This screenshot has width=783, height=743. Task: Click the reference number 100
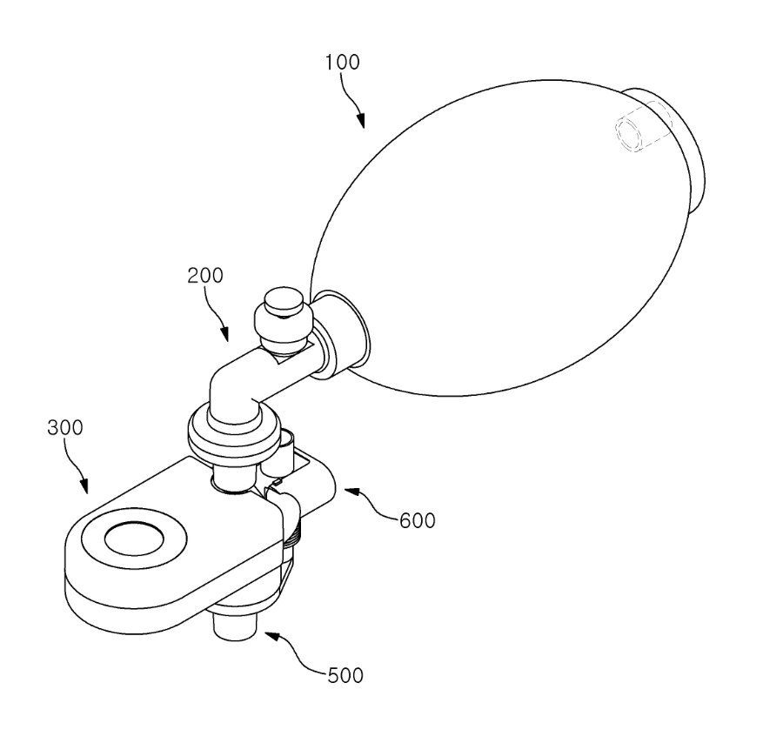[342, 63]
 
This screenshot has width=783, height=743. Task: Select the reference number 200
[205, 276]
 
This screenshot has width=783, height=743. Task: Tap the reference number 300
[65, 428]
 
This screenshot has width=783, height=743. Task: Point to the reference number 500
[345, 676]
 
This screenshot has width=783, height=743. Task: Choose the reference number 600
[418, 521]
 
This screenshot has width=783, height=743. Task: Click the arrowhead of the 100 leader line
[360, 121]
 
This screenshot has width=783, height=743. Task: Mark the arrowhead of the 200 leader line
[224, 334]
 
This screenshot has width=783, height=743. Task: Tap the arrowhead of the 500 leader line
[271, 636]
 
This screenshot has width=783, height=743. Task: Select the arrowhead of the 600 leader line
[351, 492]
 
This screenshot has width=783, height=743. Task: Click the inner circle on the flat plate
[134, 539]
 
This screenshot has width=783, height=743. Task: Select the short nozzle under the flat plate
[235, 627]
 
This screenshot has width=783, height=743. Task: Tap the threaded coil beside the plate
[294, 534]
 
